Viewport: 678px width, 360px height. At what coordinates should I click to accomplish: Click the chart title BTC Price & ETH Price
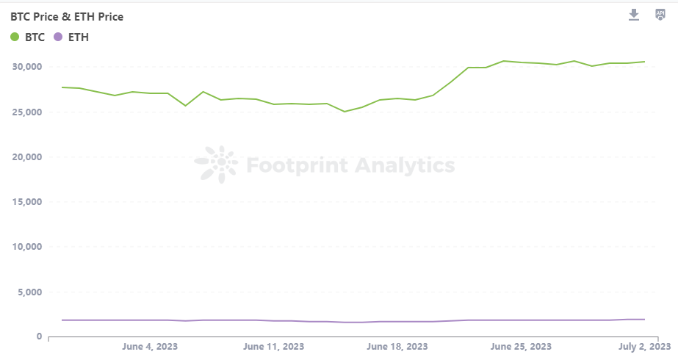(67, 16)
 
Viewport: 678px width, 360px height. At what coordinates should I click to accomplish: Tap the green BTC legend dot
(15, 37)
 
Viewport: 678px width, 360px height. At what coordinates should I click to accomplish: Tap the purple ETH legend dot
(58, 37)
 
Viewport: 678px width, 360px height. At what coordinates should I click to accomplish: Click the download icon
(634, 15)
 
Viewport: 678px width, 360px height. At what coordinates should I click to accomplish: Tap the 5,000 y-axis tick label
(29, 292)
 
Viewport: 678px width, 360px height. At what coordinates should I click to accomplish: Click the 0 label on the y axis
(38, 336)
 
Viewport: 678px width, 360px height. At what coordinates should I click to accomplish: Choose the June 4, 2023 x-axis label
(150, 346)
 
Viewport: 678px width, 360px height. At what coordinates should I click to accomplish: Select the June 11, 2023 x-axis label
(273, 346)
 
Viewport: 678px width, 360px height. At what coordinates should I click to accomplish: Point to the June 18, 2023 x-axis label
(397, 346)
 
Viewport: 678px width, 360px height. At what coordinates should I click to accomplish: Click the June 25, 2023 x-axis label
(521, 346)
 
